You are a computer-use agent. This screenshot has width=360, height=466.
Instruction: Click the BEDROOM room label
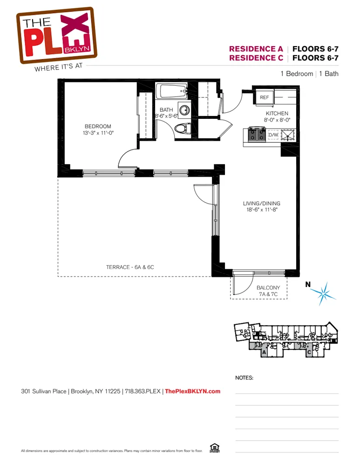[98, 126]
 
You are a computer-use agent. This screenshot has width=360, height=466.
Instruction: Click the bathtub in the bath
[171, 91]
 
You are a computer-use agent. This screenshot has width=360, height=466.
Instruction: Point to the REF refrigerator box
[265, 97]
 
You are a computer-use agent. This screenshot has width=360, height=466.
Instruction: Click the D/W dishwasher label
[273, 135]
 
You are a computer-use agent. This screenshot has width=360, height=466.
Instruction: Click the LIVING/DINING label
[261, 204]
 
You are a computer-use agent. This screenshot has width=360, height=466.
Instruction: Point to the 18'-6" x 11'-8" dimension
[261, 210]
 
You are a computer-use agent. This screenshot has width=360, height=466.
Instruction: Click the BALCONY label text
[268, 288]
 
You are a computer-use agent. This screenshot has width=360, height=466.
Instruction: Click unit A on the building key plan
[264, 352]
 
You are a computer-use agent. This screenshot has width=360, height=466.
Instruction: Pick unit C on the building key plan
[309, 352]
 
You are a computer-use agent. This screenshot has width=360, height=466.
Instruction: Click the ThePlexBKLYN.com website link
[193, 391]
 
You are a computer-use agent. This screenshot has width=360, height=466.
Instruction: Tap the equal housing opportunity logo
[215, 448]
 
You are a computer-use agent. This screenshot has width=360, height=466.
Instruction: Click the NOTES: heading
[245, 378]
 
